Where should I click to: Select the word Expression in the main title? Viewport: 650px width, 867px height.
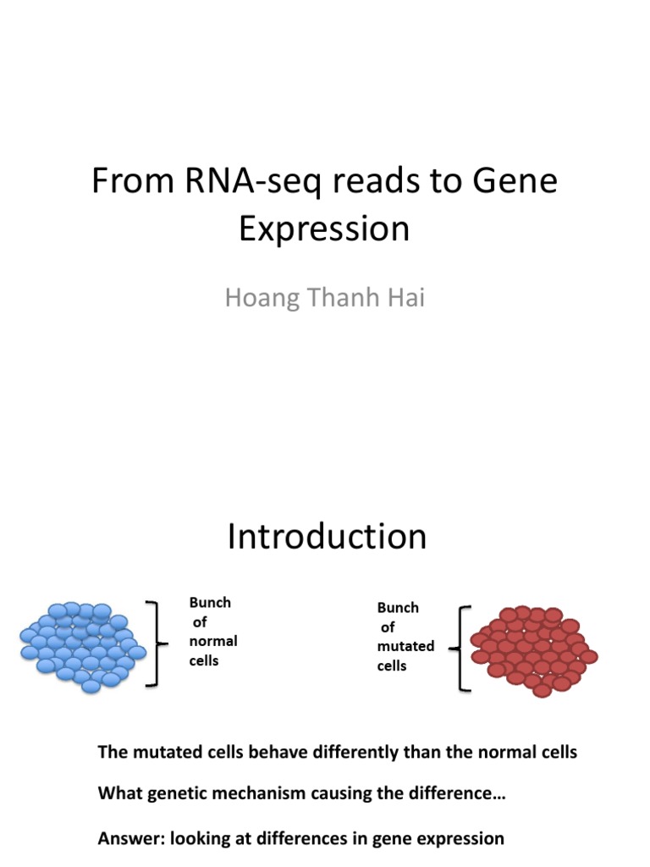click(324, 229)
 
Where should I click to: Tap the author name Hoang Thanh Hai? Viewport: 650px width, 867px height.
click(324, 299)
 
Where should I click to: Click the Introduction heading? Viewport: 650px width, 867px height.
click(327, 537)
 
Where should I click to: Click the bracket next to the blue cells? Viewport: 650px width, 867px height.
click(153, 643)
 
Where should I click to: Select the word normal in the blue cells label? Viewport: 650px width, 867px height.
click(213, 641)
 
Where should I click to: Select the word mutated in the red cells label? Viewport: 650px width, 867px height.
click(405, 646)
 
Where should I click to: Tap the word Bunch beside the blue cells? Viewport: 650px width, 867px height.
click(210, 603)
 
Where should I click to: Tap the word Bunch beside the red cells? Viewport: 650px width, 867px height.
click(398, 608)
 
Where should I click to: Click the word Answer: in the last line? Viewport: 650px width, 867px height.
click(131, 839)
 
